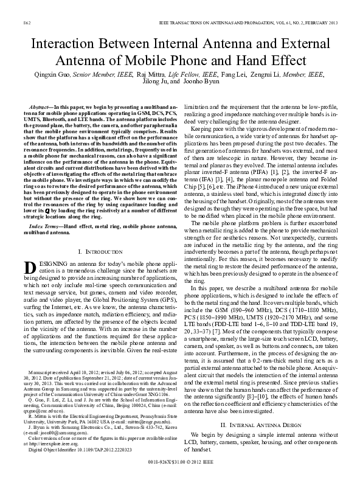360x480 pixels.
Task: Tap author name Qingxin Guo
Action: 49,75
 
